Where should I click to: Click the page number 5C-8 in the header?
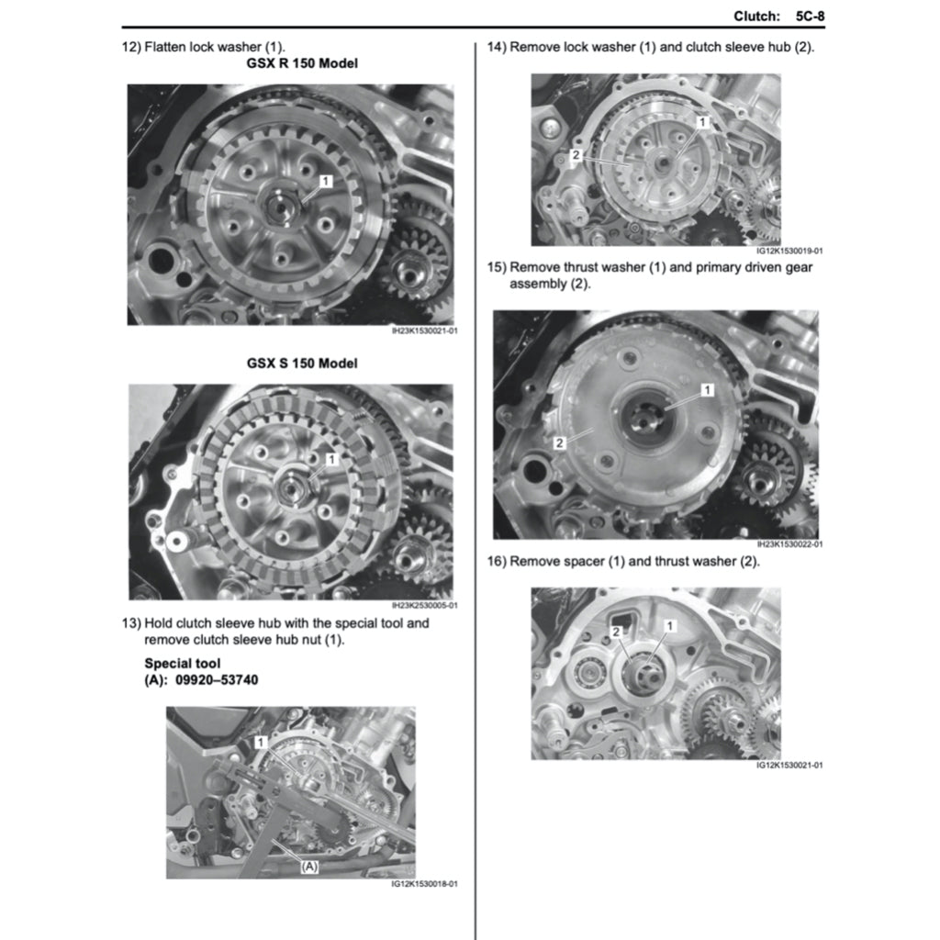810,17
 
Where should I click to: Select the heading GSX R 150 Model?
302,63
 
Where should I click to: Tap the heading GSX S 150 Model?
302,364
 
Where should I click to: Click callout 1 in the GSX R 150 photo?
326,181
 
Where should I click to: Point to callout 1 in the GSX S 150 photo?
331,459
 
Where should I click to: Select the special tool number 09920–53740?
217,680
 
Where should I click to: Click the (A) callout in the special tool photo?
309,867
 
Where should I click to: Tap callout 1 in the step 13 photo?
260,742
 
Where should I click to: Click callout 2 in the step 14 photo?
576,154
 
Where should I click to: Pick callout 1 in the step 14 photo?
702,122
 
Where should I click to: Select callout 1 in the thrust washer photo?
708,390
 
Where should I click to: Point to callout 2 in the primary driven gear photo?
559,443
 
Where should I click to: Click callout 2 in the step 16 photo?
616,632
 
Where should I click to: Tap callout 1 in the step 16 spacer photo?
669,626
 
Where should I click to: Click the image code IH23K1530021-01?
424,330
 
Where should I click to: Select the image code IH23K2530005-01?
424,606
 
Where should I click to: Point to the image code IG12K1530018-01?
424,884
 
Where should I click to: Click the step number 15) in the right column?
497,267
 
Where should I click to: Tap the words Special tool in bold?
183,664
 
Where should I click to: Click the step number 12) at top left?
131,47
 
